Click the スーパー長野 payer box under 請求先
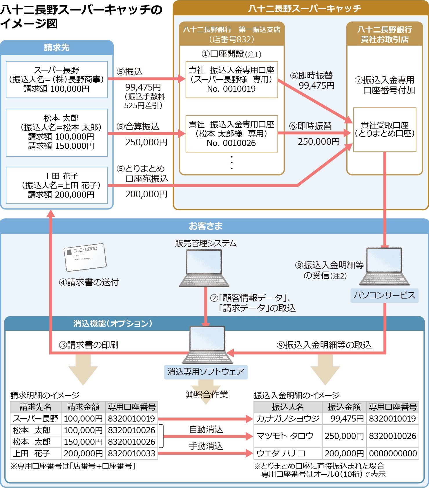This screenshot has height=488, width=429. [x=57, y=79]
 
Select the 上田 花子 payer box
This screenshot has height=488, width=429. [x=57, y=185]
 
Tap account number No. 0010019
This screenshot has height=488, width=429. [x=231, y=89]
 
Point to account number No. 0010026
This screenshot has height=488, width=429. [x=231, y=143]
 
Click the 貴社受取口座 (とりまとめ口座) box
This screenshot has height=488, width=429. [x=385, y=129]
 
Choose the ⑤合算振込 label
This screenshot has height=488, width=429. [x=138, y=126]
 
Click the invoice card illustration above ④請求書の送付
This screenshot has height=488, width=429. [x=85, y=257]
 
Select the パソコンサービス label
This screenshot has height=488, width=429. [x=384, y=295]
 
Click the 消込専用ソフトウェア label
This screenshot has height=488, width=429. [x=206, y=372]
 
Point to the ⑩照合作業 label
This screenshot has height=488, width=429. [x=207, y=395]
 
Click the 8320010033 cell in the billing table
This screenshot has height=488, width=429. [x=131, y=453]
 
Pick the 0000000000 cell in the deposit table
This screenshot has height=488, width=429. [x=393, y=453]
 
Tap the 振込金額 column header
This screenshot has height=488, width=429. [x=344, y=407]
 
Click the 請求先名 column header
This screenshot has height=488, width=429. [x=35, y=407]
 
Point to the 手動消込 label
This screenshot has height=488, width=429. [x=206, y=446]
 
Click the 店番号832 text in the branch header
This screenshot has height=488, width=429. [x=231, y=39]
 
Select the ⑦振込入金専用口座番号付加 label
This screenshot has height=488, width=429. [x=385, y=85]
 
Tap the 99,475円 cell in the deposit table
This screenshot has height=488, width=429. [x=344, y=419]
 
